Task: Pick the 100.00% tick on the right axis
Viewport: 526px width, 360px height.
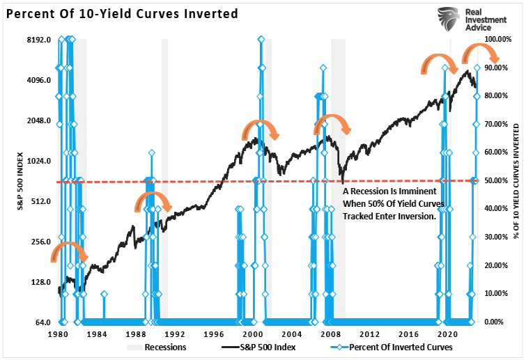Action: (500, 40)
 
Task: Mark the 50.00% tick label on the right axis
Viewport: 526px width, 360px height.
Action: (500, 181)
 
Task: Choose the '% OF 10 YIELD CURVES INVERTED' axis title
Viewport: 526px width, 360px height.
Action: (516, 181)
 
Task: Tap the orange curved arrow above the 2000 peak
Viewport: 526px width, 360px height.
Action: (260, 130)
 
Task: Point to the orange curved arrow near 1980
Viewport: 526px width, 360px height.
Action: (68, 252)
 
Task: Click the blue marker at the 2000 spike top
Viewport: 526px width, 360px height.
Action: (261, 40)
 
